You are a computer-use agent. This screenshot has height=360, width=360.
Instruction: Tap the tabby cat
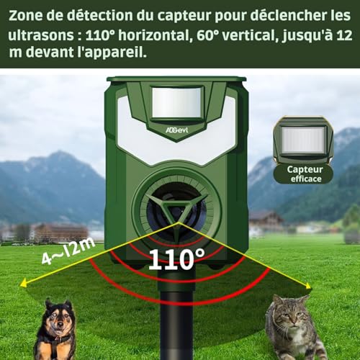pyautogui.click(x=295, y=328)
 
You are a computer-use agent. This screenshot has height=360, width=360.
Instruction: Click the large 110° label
pyautogui.click(x=177, y=258)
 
